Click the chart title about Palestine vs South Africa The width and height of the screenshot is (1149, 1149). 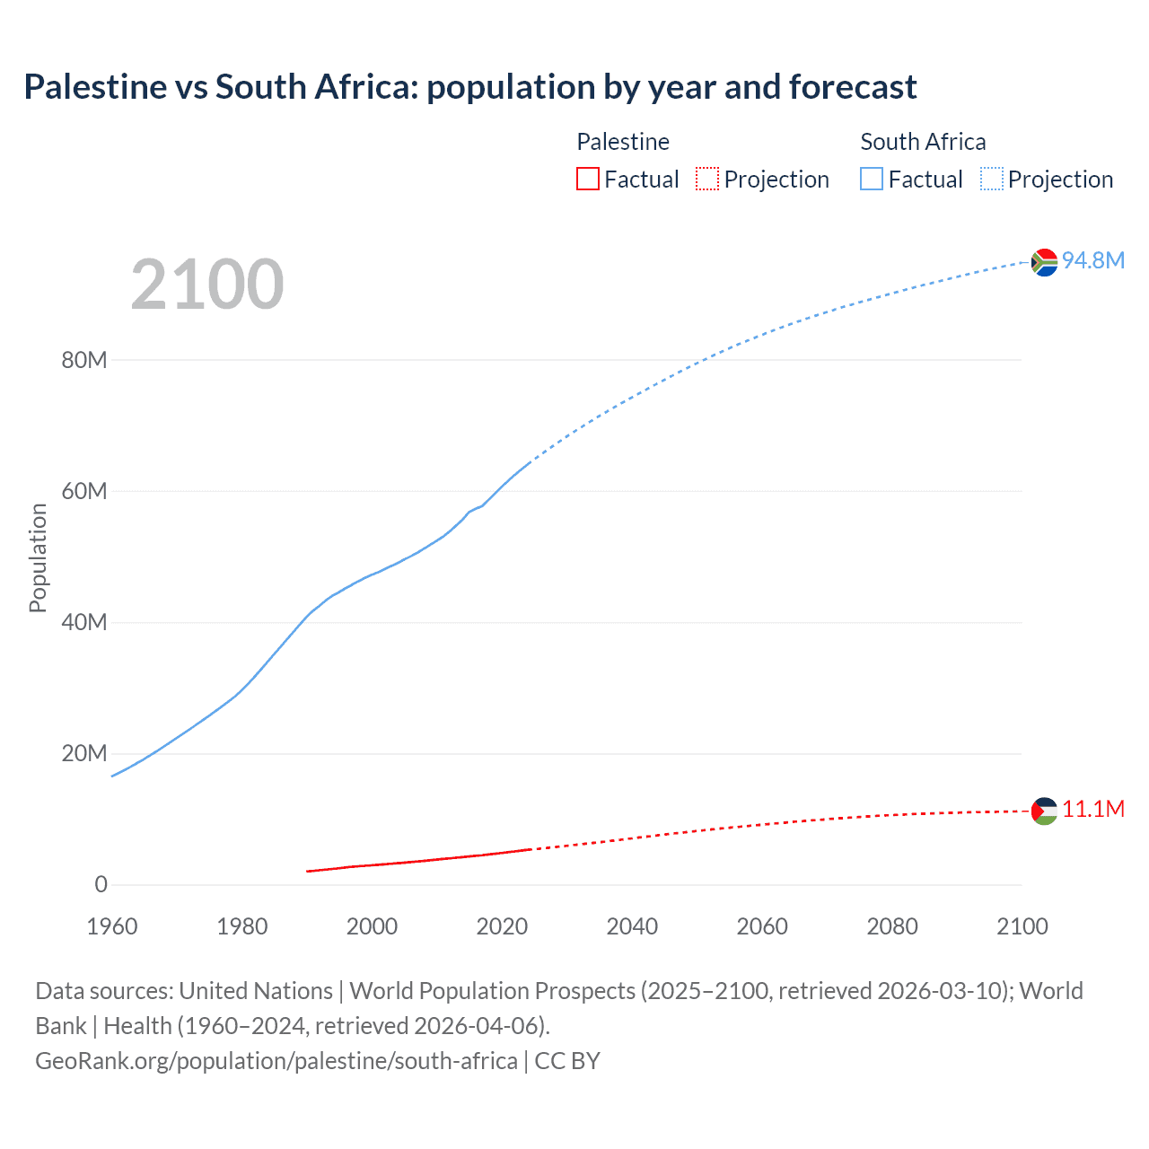tap(470, 87)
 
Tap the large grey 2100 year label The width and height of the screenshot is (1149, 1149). tap(207, 285)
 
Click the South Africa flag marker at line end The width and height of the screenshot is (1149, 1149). tap(1044, 262)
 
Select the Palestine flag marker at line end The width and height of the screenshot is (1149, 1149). tap(1044, 811)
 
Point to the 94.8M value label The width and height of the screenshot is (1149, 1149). tap(1092, 260)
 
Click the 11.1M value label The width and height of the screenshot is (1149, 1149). tap(1092, 809)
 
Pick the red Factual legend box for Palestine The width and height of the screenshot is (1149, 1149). tap(588, 179)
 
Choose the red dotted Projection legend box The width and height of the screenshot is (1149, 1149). tap(707, 179)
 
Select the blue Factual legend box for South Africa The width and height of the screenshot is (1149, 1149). tap(872, 179)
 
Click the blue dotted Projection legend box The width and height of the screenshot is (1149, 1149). tap(992, 179)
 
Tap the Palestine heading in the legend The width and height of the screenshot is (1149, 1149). tap(623, 142)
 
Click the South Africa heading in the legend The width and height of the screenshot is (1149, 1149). tap(923, 142)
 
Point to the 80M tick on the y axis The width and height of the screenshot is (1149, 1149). tap(84, 360)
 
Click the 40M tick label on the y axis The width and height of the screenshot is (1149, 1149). tap(84, 622)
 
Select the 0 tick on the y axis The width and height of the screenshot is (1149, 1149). tap(101, 884)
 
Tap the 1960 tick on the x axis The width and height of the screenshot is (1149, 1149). tap(112, 926)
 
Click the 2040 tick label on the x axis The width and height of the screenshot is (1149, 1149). tap(632, 926)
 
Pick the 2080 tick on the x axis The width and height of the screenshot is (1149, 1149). tap(892, 926)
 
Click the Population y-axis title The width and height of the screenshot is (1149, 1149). tap(38, 557)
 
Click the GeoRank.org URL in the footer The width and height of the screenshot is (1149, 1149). tap(276, 1060)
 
